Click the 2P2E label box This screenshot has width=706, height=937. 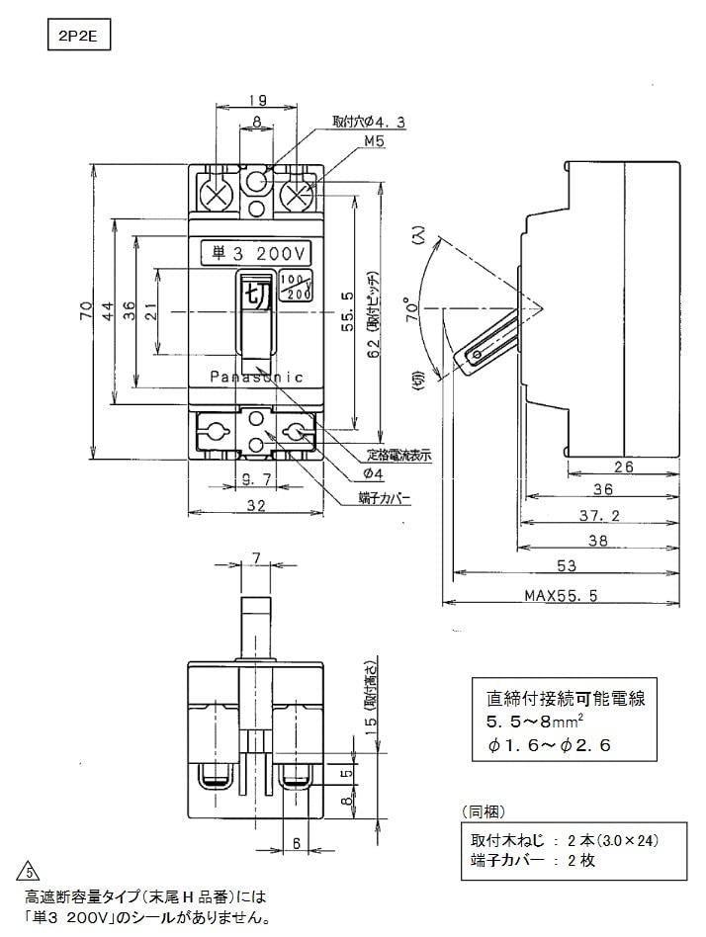pyautogui.click(x=78, y=37)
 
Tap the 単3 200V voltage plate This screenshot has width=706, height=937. pyautogui.click(x=255, y=254)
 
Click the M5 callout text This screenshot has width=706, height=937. pyautogui.click(x=346, y=141)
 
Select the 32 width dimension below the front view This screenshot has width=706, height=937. pyautogui.click(x=257, y=505)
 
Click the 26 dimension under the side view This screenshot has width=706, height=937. pyautogui.click(x=624, y=468)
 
